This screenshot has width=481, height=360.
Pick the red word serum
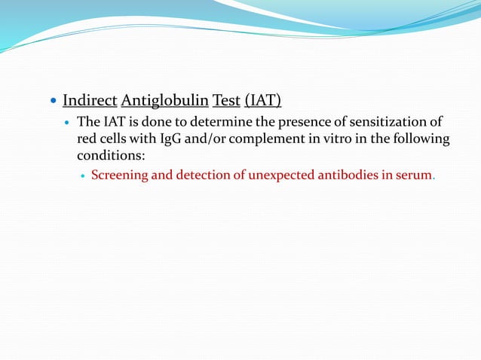point(414,176)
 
